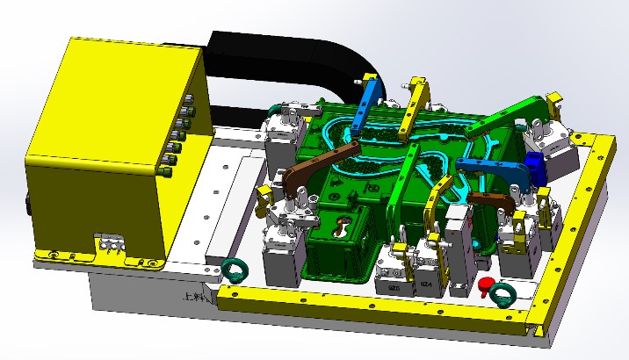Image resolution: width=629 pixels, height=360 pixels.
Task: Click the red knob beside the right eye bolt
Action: pyautogui.click(x=483, y=284)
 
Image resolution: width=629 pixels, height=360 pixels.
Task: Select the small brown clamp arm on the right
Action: pyautogui.click(x=491, y=199)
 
